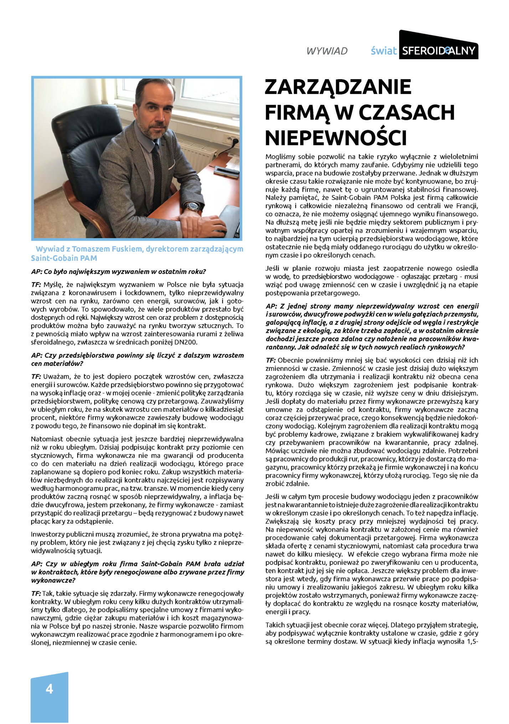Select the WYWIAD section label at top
coord(327,51)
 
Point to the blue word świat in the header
coord(384,51)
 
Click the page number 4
coord(49,688)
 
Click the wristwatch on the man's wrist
coord(193,206)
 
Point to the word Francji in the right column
coord(466,206)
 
